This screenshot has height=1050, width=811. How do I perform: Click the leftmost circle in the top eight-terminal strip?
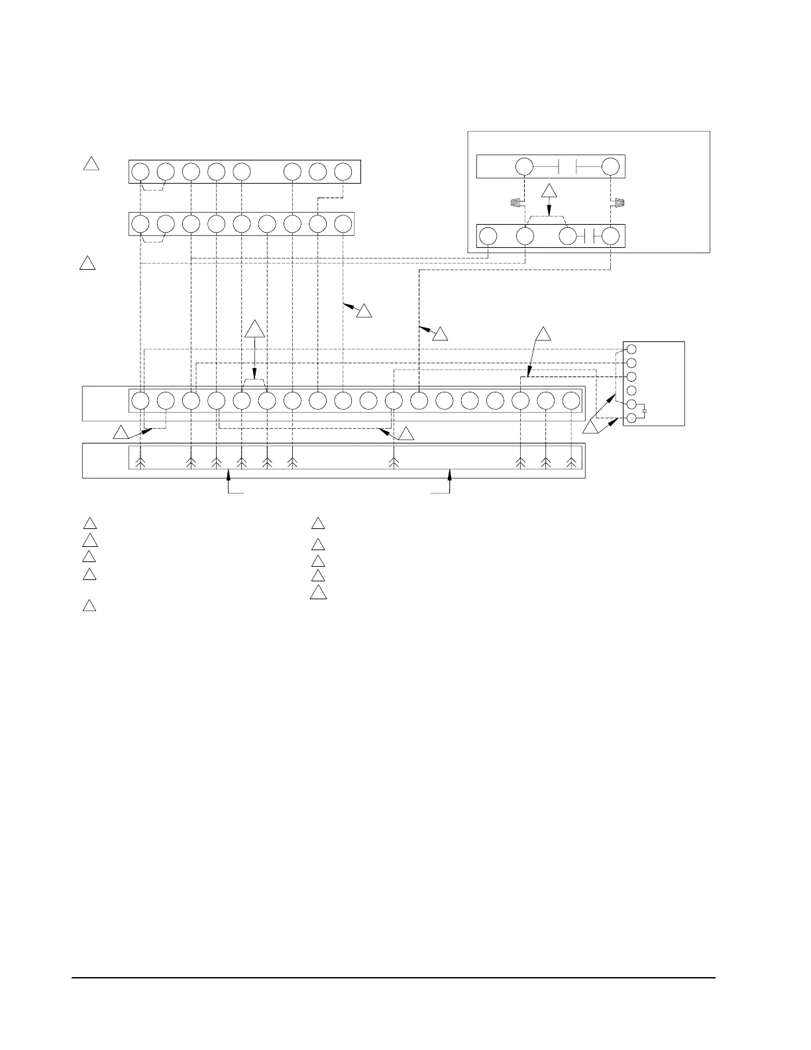click(140, 172)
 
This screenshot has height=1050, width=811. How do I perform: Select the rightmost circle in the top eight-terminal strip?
click(343, 172)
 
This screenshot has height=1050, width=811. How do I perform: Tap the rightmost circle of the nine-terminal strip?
click(343, 223)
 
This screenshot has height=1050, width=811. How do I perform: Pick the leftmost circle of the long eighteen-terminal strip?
click(140, 400)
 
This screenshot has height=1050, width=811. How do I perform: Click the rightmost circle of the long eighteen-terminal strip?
click(571, 400)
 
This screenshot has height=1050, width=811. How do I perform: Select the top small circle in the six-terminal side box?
click(631, 349)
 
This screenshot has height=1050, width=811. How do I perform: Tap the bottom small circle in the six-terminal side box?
click(631, 418)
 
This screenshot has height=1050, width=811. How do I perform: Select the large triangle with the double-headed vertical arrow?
click(255, 329)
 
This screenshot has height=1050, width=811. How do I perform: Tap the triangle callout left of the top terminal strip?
click(92, 163)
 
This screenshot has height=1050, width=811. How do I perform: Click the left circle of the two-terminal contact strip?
click(524, 166)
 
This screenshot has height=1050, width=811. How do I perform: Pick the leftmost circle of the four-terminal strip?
click(488, 236)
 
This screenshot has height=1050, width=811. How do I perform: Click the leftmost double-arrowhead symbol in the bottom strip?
click(140, 463)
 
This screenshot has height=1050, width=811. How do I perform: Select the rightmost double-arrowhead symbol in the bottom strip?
click(571, 463)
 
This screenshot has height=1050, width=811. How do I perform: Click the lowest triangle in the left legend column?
click(89, 606)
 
